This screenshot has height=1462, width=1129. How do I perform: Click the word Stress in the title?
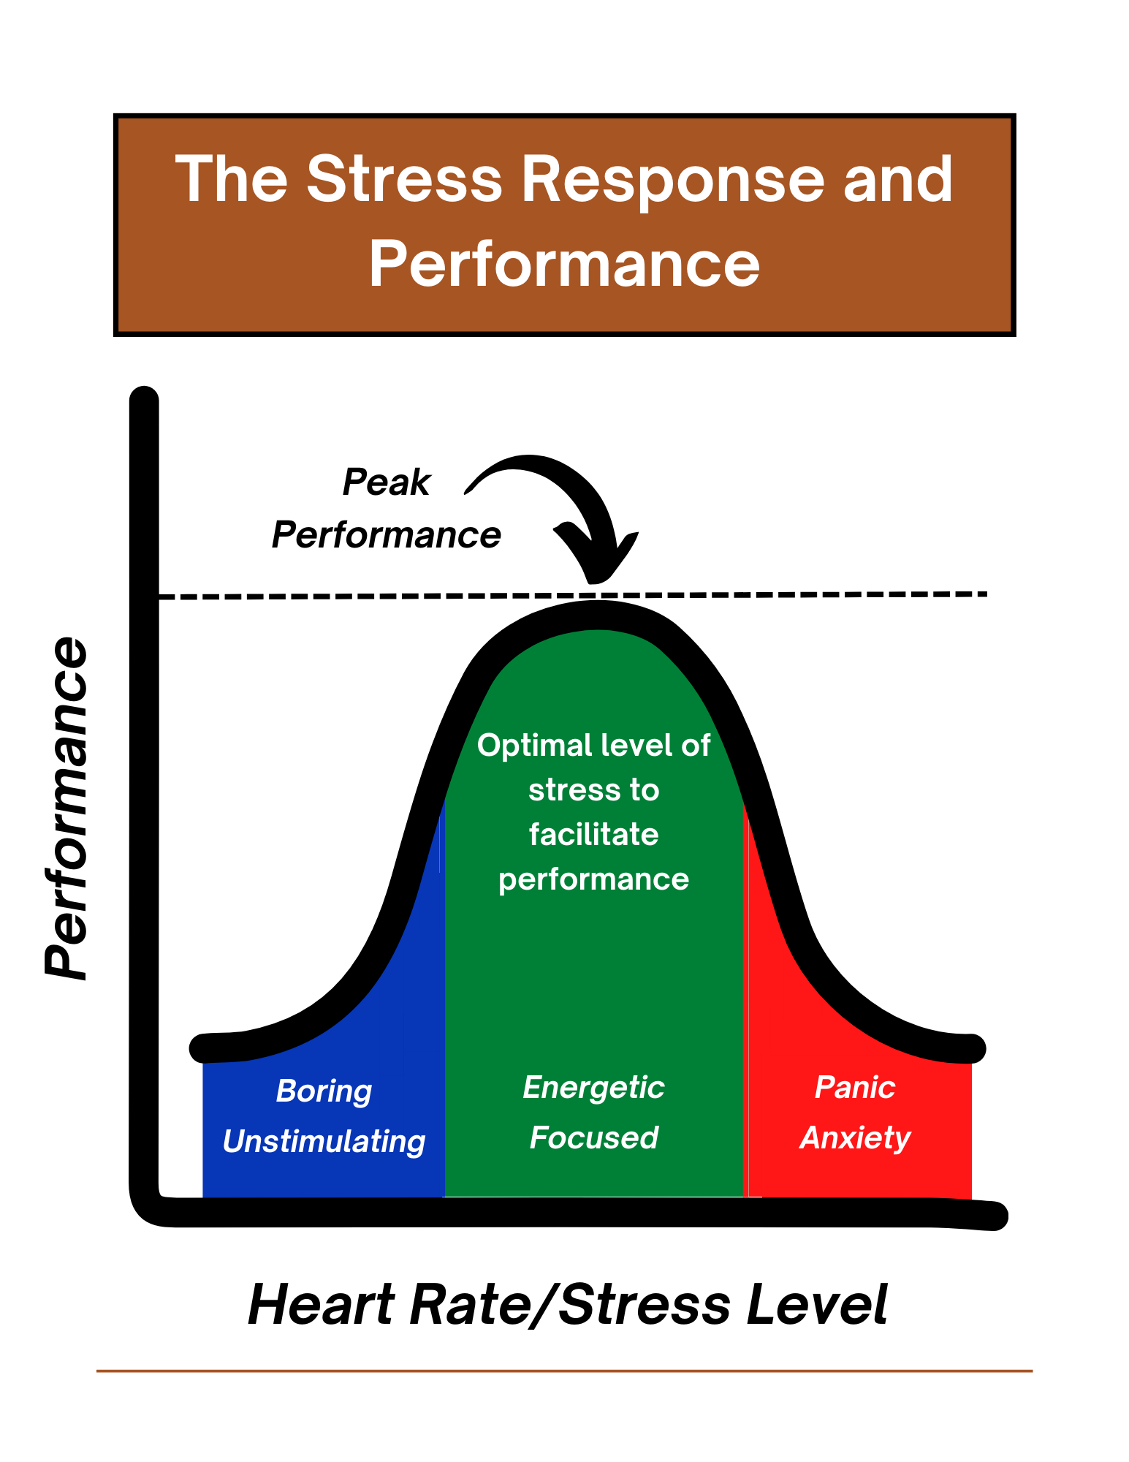pyautogui.click(x=404, y=179)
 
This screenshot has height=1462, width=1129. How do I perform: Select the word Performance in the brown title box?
pyautogui.click(x=564, y=265)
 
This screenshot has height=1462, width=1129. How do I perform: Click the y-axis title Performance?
pyautogui.click(x=66, y=808)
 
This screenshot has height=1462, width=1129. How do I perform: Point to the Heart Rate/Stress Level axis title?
pyautogui.click(x=568, y=1305)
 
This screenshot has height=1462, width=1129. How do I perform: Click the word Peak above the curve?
pyautogui.click(x=386, y=482)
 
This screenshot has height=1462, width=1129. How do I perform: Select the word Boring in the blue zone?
pyautogui.click(x=324, y=1091)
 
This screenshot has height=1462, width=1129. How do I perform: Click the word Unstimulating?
pyautogui.click(x=324, y=1141)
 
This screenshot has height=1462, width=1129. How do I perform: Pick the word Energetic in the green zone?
pyautogui.click(x=593, y=1087)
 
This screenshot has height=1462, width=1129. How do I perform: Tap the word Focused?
pyautogui.click(x=593, y=1137)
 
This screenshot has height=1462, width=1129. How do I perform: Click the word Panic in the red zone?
pyautogui.click(x=855, y=1087)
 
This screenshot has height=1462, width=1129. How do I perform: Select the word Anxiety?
pyautogui.click(x=855, y=1137)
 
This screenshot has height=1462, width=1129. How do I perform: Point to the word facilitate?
pyautogui.click(x=593, y=834)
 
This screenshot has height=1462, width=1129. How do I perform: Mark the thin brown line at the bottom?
pyautogui.click(x=564, y=1371)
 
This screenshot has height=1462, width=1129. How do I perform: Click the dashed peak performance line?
pyautogui.click(x=804, y=594)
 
